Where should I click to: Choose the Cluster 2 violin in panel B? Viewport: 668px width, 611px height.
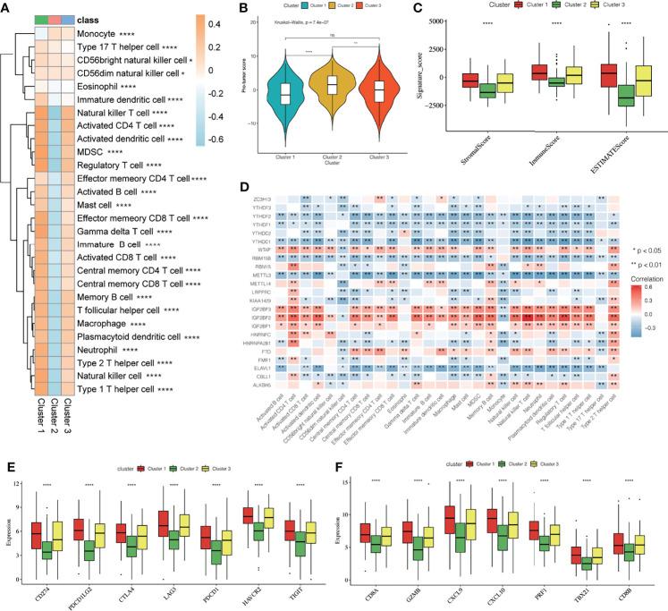[357, 87]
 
